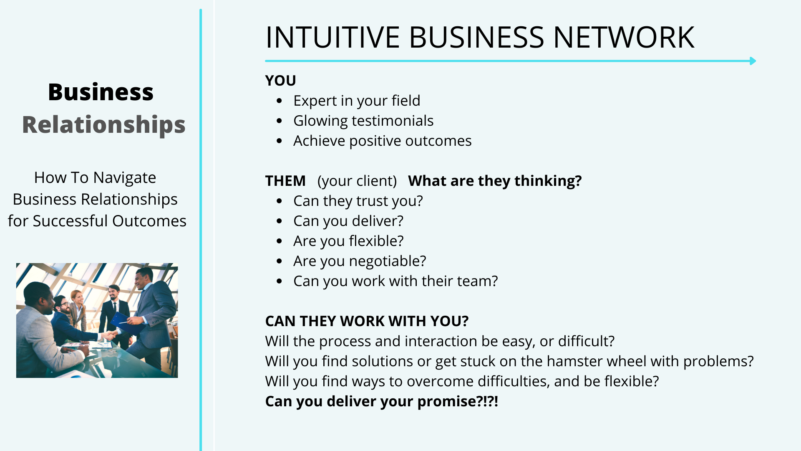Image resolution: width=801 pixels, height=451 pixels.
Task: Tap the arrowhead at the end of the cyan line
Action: click(x=753, y=61)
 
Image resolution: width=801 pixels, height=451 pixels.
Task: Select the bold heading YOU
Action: click(x=280, y=81)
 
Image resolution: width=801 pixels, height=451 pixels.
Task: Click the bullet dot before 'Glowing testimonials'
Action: click(x=280, y=121)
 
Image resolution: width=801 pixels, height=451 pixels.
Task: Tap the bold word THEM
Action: click(x=285, y=181)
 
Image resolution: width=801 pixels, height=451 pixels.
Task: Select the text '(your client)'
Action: click(x=357, y=181)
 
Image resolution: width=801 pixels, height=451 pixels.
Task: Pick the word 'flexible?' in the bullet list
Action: click(x=376, y=241)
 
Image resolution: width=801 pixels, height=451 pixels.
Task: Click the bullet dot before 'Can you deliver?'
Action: click(x=280, y=221)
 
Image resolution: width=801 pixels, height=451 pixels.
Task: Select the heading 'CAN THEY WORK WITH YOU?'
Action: click(x=367, y=321)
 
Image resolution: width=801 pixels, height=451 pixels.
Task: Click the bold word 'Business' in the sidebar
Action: click(x=101, y=92)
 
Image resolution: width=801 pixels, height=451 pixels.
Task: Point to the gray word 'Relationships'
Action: click(x=103, y=125)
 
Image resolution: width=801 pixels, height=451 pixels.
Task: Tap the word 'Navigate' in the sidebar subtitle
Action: click(x=124, y=178)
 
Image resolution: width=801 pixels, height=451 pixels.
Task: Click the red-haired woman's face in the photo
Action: click(x=78, y=297)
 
